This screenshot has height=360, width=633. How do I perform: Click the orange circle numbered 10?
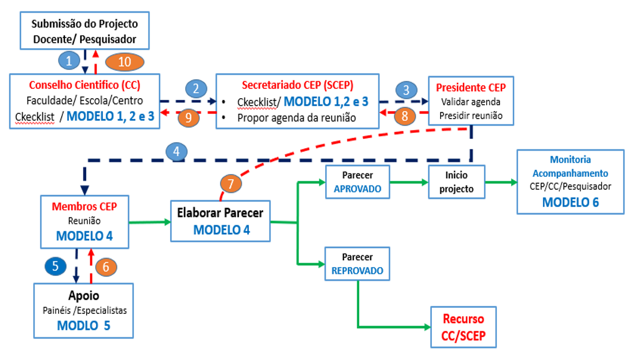[x=125, y=62]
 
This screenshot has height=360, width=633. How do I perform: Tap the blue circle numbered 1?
[x=69, y=61]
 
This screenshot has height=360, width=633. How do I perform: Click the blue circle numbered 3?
[x=406, y=89]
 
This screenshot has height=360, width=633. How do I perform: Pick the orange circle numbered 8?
[x=404, y=115]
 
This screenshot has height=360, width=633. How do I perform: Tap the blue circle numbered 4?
[x=176, y=152]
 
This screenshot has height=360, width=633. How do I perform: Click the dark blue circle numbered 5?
[x=56, y=266]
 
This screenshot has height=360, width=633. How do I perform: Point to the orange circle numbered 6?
[x=106, y=266]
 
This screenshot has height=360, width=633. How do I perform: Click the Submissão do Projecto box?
[x=85, y=31]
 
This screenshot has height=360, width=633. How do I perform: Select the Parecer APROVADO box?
[x=358, y=183]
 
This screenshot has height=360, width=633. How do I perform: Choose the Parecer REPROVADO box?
[x=358, y=263]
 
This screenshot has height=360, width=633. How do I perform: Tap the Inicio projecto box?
[x=456, y=183]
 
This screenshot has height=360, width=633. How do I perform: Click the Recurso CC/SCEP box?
[x=463, y=327]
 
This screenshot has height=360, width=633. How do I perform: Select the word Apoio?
[x=84, y=296]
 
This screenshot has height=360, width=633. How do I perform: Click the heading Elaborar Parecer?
[x=221, y=213]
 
